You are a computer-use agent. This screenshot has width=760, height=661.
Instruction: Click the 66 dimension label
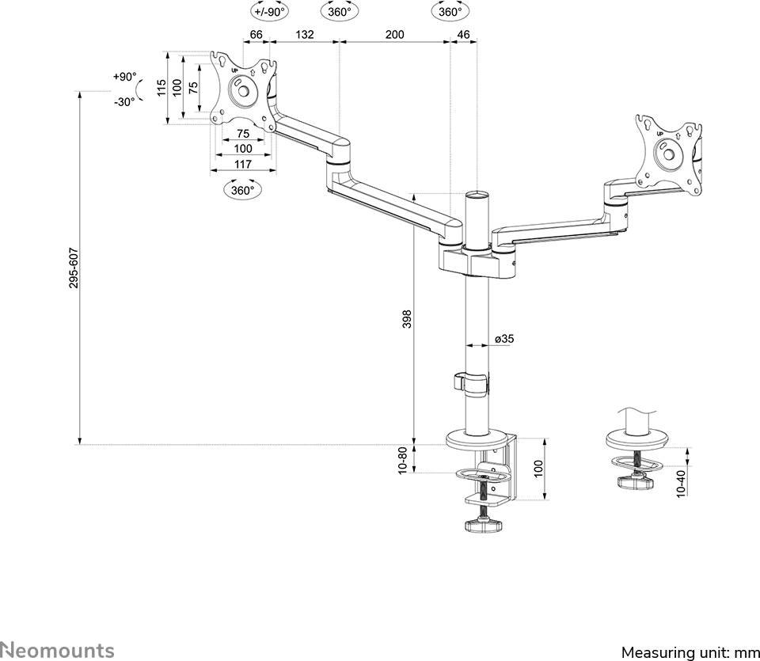pos(256,34)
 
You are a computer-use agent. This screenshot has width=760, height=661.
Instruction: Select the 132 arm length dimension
pos(304,34)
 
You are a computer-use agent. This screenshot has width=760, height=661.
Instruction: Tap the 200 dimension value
pos(394,34)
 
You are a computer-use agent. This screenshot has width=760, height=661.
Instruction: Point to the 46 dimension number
pos(464,34)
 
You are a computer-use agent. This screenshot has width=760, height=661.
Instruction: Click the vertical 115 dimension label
pos(161,87)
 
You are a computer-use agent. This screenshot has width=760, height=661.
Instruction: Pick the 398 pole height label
pos(406,318)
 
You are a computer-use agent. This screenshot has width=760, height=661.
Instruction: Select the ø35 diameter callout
pos(504,339)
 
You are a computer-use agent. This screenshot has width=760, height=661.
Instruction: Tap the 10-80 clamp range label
pos(403,461)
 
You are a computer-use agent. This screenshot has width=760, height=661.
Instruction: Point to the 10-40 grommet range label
pos(681,482)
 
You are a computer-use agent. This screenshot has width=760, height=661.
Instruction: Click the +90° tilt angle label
pos(123,77)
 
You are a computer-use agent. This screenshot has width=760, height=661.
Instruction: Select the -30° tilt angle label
pos(123,102)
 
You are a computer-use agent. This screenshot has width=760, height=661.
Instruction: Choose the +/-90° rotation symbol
pos(270,11)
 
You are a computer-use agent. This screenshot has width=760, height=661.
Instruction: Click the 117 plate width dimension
pos(242,164)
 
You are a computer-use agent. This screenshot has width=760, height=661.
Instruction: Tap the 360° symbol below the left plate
pos(242,190)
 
